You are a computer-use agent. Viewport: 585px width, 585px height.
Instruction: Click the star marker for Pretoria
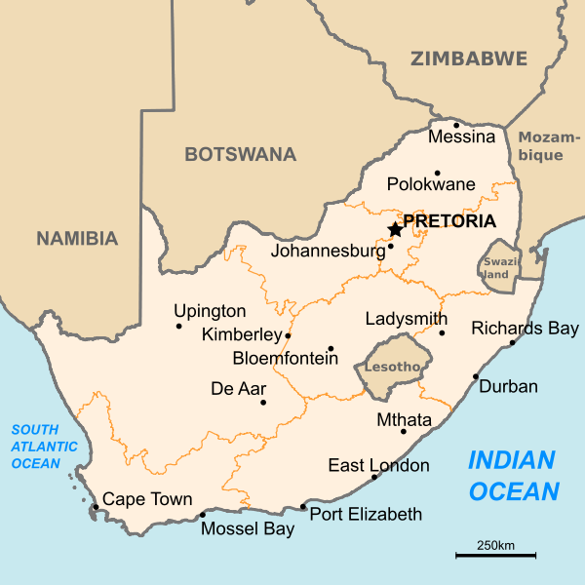click(x=395, y=229)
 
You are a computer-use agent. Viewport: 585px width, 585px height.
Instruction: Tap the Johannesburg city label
click(x=328, y=251)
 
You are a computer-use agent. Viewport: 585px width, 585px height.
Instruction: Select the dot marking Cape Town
click(x=95, y=507)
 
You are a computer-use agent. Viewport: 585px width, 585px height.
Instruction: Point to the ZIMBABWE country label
click(x=469, y=58)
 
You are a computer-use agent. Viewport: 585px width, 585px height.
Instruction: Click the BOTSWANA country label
click(x=240, y=154)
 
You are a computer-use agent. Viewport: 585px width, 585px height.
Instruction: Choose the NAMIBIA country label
click(x=77, y=238)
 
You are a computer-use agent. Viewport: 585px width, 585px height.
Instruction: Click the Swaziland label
click(x=498, y=268)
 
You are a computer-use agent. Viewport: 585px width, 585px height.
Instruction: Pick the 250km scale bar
click(x=495, y=555)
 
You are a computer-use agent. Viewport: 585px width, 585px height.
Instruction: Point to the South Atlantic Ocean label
click(x=36, y=447)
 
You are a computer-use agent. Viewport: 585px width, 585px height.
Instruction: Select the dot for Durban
click(x=476, y=376)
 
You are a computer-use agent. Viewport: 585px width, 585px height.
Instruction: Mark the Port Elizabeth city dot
click(x=303, y=507)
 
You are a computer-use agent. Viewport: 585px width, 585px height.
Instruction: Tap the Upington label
click(x=210, y=311)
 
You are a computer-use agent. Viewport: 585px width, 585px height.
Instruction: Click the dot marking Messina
click(x=456, y=125)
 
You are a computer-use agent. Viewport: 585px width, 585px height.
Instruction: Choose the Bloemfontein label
click(x=285, y=359)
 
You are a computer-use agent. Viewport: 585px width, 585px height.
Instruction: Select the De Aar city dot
click(x=263, y=402)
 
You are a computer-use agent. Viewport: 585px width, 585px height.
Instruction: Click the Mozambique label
click(x=540, y=146)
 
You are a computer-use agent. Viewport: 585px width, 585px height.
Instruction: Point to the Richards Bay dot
click(x=513, y=342)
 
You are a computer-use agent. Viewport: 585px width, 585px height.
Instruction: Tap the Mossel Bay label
click(x=248, y=529)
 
